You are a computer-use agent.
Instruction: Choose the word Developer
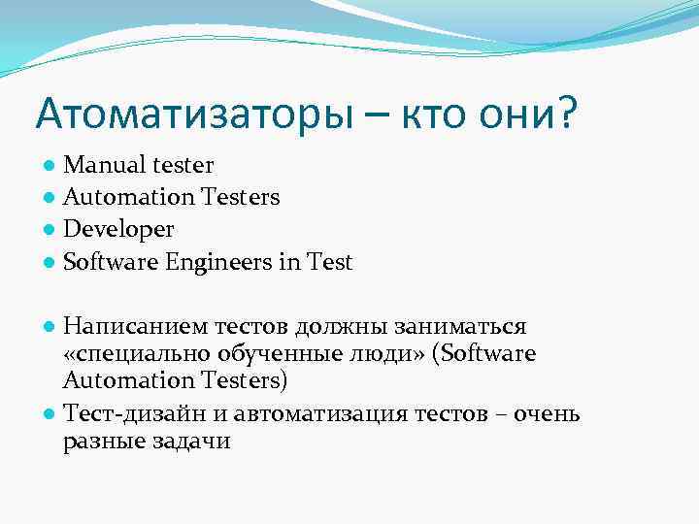[x=118, y=230]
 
